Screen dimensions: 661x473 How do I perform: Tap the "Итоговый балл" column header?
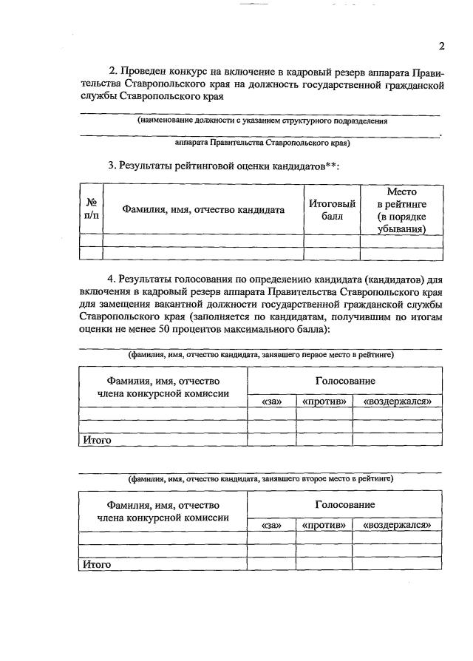pos(332,209)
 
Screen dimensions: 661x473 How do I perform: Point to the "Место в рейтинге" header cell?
pos(401,210)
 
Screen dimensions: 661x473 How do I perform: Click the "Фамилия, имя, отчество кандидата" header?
pos(203,209)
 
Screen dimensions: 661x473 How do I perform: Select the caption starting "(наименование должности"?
pos(262,120)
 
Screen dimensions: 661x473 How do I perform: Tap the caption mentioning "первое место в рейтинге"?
pos(261,355)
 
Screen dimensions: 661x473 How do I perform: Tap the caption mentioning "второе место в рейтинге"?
pos(261,479)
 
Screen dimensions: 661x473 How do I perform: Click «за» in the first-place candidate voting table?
pos(271,401)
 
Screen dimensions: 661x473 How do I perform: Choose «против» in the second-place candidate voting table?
pos(324,524)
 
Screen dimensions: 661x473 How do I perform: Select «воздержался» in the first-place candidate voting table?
pos(397,401)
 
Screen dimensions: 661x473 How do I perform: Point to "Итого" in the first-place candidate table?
pos(97,440)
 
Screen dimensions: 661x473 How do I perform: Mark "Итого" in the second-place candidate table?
pos(97,564)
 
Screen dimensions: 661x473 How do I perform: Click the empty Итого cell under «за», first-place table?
pos(271,440)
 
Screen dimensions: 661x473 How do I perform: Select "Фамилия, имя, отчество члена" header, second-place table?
pos(163,512)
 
